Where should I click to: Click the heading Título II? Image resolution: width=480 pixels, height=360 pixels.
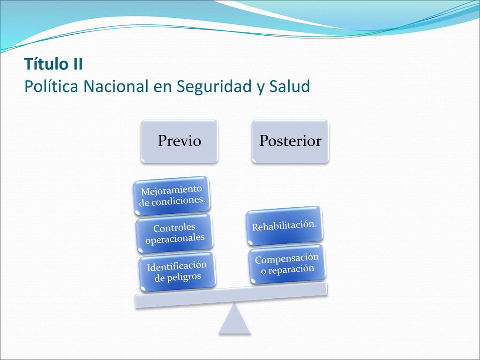[53, 64]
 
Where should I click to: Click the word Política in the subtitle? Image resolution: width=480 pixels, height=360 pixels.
[51, 86]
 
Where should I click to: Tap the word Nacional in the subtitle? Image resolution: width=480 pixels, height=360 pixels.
[116, 86]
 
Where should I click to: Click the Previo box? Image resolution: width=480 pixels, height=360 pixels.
[180, 141]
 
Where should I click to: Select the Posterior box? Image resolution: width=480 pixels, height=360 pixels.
[290, 141]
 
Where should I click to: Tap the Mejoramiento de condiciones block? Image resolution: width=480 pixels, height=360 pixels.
[172, 195]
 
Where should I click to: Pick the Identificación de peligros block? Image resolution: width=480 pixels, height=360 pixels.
[177, 271]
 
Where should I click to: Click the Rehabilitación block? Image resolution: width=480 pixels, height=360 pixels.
[285, 225]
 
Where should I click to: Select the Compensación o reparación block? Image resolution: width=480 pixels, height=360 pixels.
[287, 263]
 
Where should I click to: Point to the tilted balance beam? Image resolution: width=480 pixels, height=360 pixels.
[231, 294]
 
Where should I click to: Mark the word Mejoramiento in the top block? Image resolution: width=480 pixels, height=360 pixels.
[172, 190]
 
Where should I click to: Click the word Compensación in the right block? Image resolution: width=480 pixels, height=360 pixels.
[287, 259]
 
